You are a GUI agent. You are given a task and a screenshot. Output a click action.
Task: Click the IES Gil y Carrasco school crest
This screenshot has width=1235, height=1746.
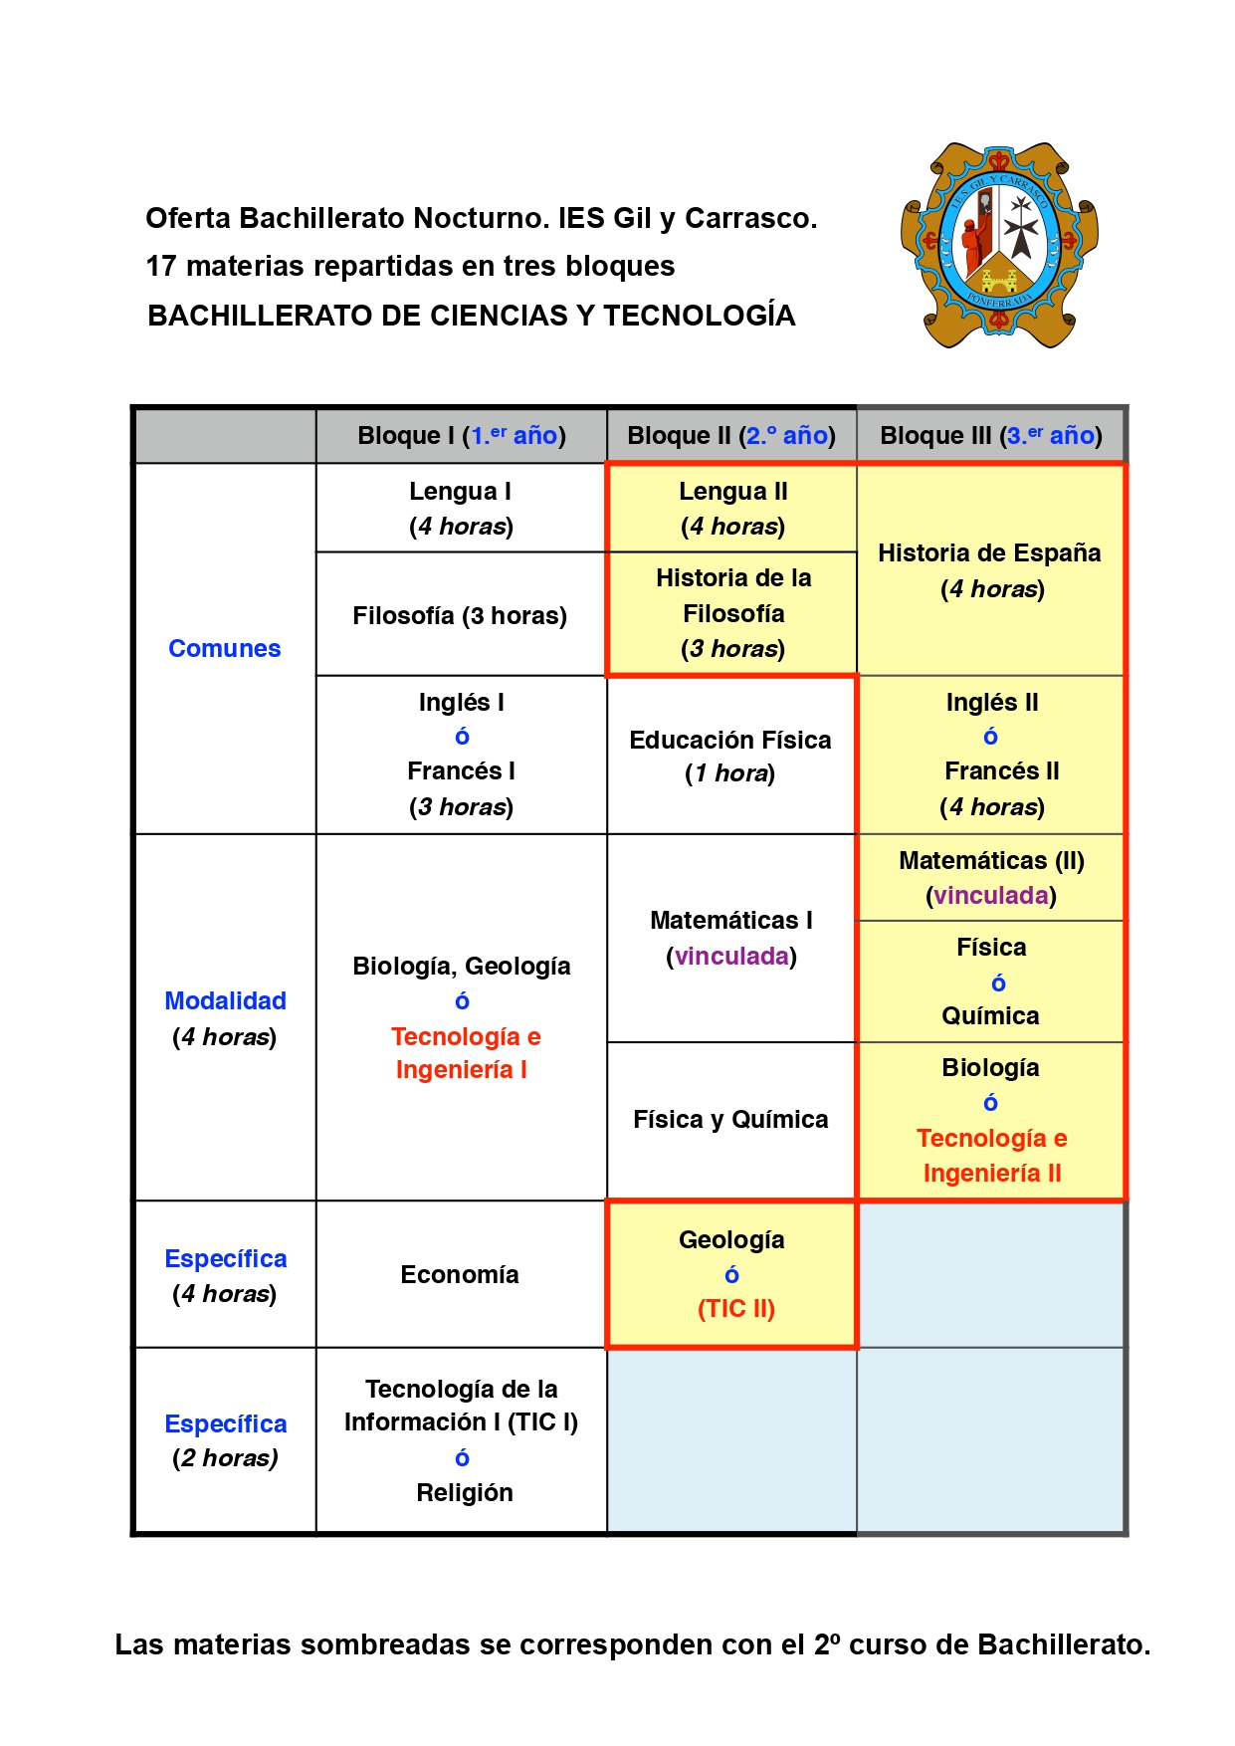pos(999,245)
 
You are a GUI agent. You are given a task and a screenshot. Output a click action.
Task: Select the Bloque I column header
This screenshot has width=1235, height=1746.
pos(461,435)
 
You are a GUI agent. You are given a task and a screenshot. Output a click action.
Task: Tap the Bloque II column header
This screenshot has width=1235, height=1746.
pos(731,435)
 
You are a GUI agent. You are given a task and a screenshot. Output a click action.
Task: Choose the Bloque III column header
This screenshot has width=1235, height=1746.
pos(991,435)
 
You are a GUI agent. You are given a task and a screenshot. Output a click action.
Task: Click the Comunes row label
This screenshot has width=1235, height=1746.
pos(224,648)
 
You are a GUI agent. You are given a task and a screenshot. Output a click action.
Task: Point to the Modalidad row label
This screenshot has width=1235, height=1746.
pos(225,1000)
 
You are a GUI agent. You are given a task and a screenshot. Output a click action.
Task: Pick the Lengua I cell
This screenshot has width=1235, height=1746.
pos(461,508)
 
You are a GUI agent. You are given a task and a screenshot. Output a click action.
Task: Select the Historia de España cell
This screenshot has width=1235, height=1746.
pos(990,569)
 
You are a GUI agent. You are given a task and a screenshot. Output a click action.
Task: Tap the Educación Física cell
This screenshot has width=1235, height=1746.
pos(730,756)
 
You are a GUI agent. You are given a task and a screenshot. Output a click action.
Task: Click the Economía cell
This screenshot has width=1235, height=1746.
pos(460,1274)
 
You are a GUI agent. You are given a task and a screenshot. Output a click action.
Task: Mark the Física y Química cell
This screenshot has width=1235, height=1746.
pos(730,1120)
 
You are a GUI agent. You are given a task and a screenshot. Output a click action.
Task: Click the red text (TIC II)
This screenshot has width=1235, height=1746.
pos(735,1308)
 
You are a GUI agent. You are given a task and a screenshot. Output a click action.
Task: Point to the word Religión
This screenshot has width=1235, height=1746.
pos(465,1492)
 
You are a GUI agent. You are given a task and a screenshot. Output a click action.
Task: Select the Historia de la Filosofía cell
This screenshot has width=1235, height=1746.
pos(732,613)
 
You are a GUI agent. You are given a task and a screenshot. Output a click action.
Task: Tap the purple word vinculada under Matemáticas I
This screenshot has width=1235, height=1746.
pos(731,957)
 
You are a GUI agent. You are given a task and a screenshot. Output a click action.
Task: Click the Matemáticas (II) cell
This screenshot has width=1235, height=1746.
pos(991,877)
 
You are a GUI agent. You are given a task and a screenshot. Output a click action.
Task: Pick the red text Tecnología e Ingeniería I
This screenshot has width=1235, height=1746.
pos(465,1053)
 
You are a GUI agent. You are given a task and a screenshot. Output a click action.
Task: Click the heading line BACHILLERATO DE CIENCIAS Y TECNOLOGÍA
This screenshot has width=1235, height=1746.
pos(472,316)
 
